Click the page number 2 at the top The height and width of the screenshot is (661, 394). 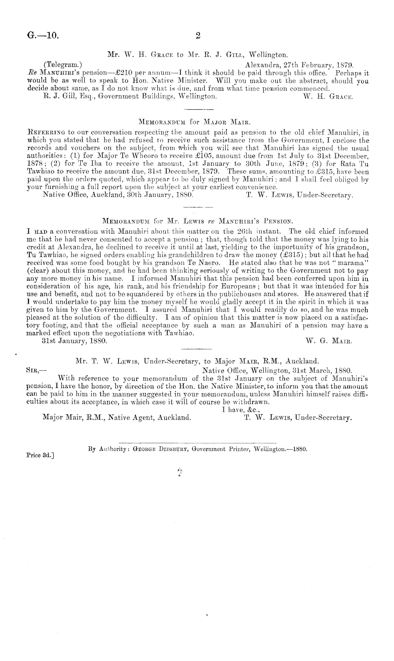point(198,35)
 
